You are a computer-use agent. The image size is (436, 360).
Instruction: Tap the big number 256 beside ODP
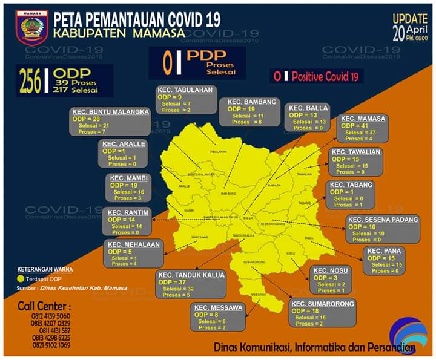click(29, 82)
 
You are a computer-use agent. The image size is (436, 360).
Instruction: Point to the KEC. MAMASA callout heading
click(363, 119)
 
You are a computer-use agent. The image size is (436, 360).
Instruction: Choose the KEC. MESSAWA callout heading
click(218, 307)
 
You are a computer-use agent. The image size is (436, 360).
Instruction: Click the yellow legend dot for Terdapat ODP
click(21, 279)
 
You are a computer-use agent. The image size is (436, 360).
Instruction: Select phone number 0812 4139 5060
click(50, 316)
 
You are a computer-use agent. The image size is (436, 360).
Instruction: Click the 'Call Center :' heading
click(44, 305)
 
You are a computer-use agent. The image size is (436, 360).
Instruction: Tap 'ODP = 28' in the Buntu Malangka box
click(88, 119)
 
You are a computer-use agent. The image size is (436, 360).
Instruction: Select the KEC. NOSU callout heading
click(331, 270)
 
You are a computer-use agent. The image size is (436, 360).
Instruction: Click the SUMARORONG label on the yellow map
click(254, 262)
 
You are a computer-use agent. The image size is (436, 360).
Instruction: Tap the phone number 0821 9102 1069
click(50, 345)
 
